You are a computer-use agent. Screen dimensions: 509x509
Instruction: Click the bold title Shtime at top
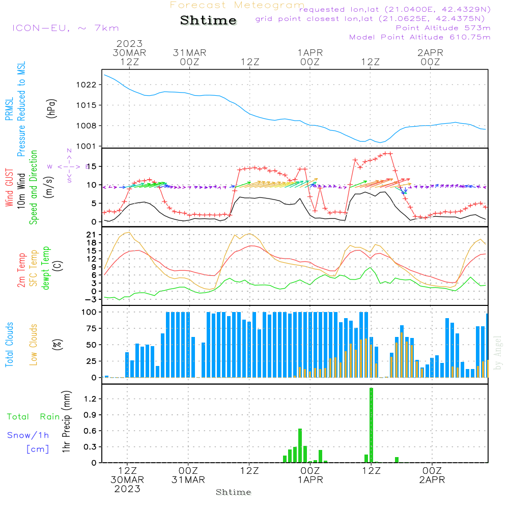coord(209,21)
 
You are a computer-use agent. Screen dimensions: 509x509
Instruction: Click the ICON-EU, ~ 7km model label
coord(65,28)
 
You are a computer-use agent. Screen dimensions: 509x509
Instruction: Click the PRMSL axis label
coord(9,110)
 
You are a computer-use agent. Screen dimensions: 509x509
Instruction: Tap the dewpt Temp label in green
coord(46,268)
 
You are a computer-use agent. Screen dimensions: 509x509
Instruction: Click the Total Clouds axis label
coord(9,345)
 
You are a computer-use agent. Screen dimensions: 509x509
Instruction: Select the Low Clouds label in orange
coord(34,345)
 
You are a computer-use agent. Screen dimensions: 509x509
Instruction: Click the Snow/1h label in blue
coord(29,435)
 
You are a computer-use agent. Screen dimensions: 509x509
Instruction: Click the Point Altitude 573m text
coord(443,27)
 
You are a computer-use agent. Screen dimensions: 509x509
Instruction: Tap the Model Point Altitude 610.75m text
coord(420,37)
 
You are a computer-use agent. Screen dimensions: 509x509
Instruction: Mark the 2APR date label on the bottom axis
coord(432,480)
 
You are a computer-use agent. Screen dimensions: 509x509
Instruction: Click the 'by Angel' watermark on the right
coord(498,352)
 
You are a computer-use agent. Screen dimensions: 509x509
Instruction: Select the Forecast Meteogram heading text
coord(237,5)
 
